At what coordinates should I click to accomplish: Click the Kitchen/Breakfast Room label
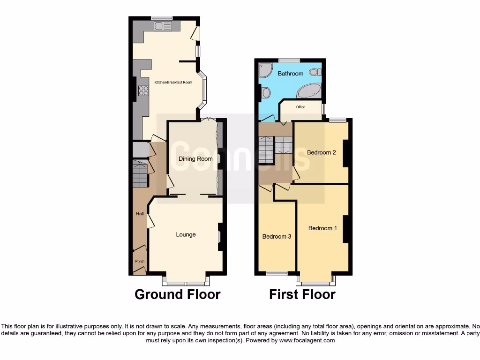(x=173, y=82)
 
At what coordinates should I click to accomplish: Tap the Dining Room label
(x=195, y=159)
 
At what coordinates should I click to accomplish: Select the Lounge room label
(x=186, y=234)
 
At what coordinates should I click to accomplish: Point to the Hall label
(x=140, y=214)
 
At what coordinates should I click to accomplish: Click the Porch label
(x=140, y=262)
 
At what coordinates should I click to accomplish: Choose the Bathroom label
(x=291, y=74)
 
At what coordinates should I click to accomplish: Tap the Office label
(x=300, y=107)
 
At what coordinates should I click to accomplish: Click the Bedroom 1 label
(x=322, y=228)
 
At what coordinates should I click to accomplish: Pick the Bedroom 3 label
(x=277, y=237)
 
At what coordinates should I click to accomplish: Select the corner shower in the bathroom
(x=265, y=70)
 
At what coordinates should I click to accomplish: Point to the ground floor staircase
(x=140, y=173)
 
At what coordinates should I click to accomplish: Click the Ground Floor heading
(x=177, y=294)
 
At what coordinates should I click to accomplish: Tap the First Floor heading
(x=302, y=294)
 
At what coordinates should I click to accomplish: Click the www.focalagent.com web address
(x=307, y=340)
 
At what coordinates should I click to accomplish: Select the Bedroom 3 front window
(x=277, y=273)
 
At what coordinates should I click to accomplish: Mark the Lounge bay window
(x=186, y=282)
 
